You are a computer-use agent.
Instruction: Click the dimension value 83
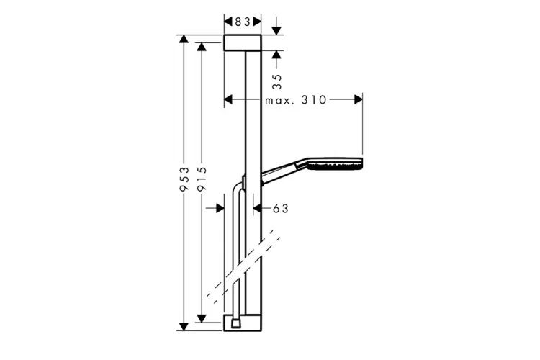243,22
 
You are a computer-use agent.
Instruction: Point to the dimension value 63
280,208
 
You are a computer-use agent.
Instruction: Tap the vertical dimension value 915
202,180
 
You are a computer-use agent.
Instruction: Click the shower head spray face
335,165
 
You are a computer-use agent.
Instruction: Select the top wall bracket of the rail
243,42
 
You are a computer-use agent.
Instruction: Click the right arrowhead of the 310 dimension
357,100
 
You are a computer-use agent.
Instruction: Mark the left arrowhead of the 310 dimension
230,100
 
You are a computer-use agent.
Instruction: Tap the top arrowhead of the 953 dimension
184,40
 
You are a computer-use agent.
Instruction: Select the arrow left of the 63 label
220,208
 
